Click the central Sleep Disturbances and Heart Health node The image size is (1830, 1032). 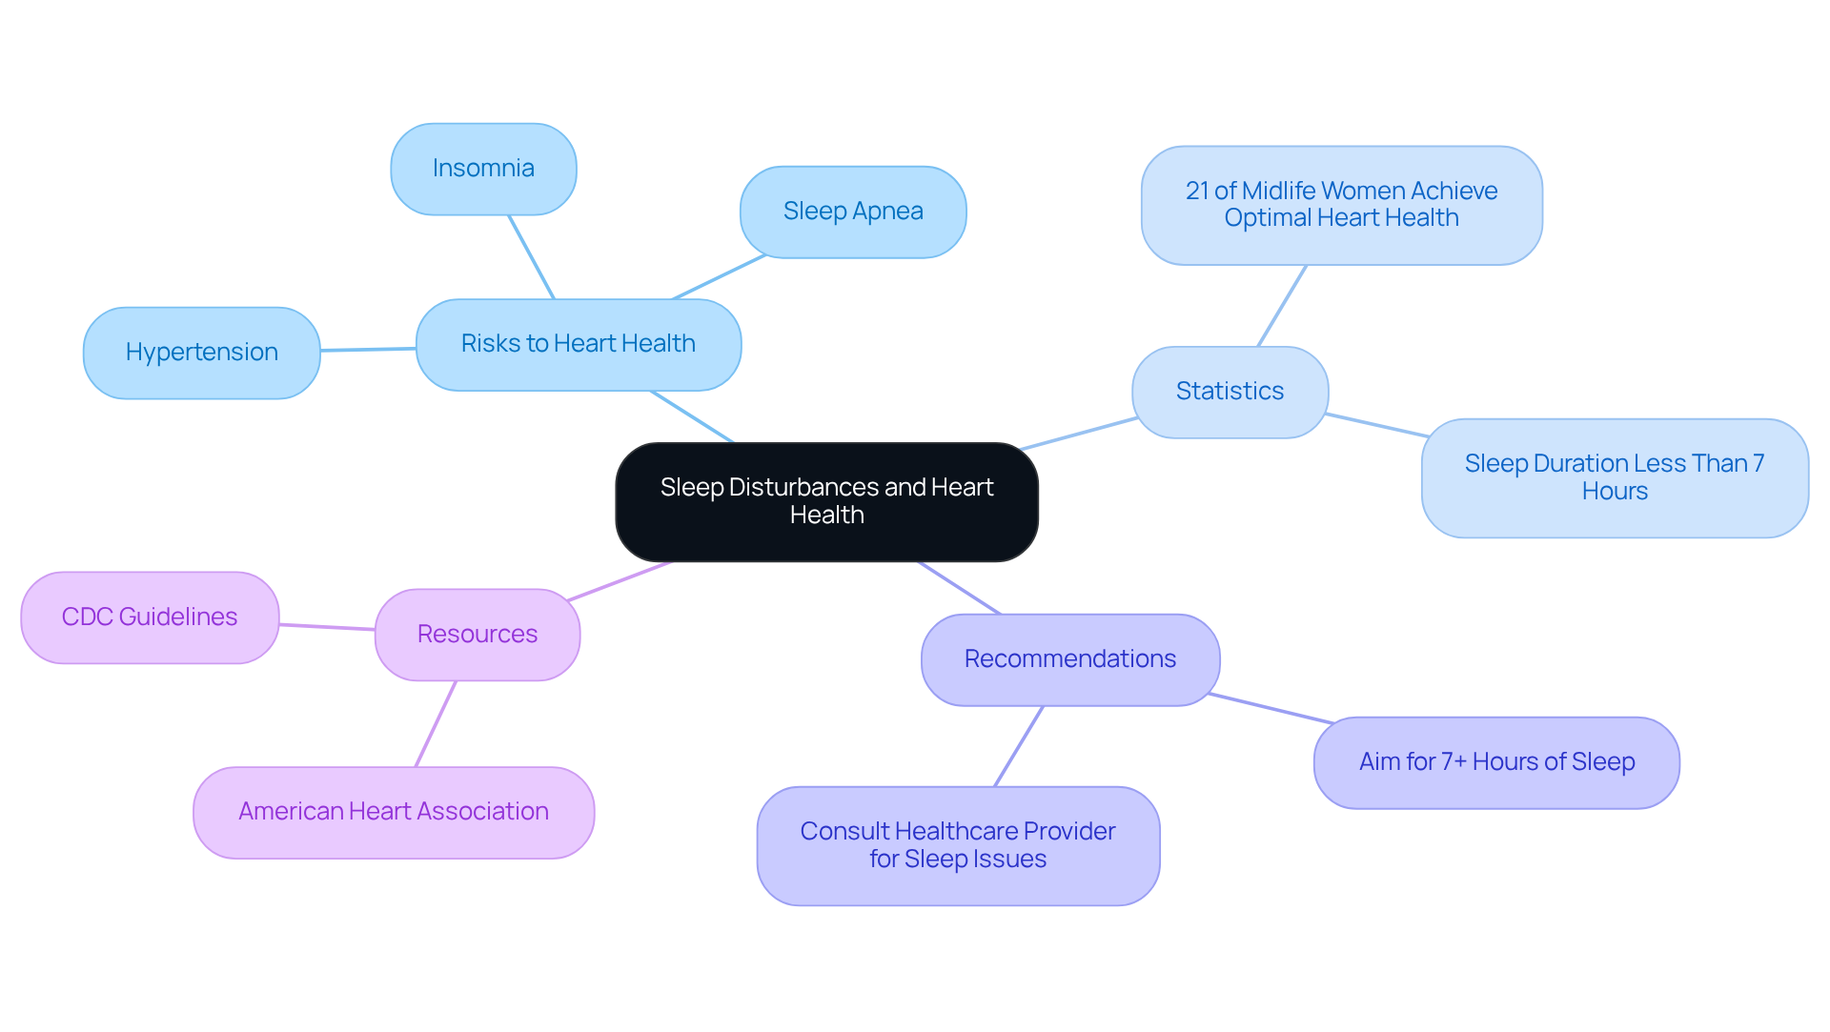pyautogui.click(x=826, y=501)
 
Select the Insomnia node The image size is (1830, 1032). pyautogui.click(x=483, y=169)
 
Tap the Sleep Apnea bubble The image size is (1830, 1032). pyautogui.click(x=853, y=212)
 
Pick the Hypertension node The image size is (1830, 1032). pyautogui.click(x=201, y=353)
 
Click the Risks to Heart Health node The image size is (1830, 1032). pyautogui.click(x=579, y=344)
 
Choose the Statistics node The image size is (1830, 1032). pyautogui.click(x=1230, y=392)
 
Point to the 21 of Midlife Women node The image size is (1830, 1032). pyautogui.click(x=1341, y=205)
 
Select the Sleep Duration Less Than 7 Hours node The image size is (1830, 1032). pyautogui.click(x=1615, y=477)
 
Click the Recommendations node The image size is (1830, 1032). pyautogui.click(x=1069, y=659)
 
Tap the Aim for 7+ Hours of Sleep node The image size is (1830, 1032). pyautogui.click(x=1496, y=762)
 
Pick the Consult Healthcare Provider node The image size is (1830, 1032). pyautogui.click(x=958, y=845)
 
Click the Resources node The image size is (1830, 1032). pyautogui.click(x=478, y=635)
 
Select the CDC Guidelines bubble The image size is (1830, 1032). pyautogui.click(x=150, y=617)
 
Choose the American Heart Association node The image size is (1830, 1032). pyautogui.click(x=394, y=812)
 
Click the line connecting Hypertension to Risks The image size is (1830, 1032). pyautogui.click(x=368, y=350)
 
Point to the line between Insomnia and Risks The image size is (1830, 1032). pyautogui.click(x=531, y=257)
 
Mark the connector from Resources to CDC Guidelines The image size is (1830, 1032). pyautogui.click(x=327, y=627)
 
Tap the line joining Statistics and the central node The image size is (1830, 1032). pyautogui.click(x=1078, y=434)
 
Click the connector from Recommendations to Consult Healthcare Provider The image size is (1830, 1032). pyautogui.click(x=1019, y=746)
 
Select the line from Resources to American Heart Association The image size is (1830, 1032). pyautogui.click(x=436, y=724)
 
